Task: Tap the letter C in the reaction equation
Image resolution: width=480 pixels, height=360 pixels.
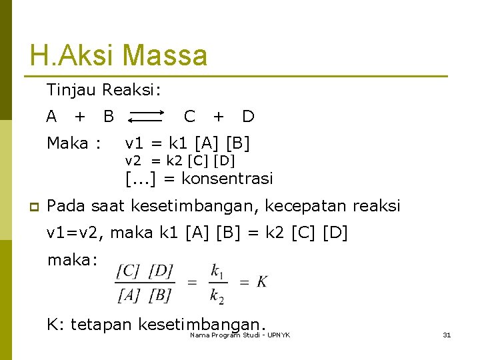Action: [x=189, y=117]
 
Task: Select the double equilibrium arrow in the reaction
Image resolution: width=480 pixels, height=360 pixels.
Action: [x=146, y=117]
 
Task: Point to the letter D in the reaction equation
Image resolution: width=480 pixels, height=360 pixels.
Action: [x=248, y=117]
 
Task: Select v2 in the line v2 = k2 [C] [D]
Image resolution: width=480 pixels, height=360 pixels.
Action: [x=134, y=161]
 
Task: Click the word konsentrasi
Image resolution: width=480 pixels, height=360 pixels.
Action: [x=227, y=179]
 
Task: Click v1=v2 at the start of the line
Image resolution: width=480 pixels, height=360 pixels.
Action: [x=75, y=233]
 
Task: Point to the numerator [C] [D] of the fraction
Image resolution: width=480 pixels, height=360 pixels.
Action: [x=145, y=271]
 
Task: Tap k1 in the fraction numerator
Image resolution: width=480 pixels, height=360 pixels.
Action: [x=217, y=271]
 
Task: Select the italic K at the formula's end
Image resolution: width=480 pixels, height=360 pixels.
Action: [x=262, y=282]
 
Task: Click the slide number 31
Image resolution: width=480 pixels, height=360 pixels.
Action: [x=447, y=335]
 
